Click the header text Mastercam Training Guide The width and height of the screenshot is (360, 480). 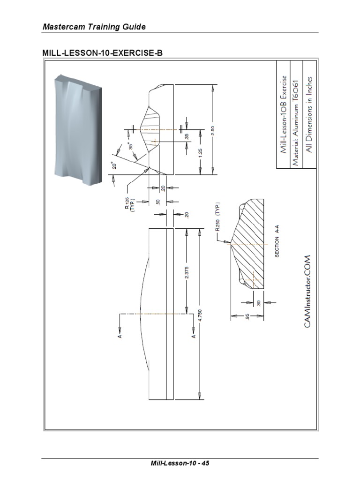(94, 27)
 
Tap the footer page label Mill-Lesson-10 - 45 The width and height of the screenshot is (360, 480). (180, 464)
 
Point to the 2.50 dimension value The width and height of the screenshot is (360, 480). (214, 130)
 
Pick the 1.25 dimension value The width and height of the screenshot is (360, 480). (200, 153)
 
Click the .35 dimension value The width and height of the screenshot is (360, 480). (187, 136)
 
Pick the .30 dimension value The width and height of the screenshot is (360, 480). (259, 303)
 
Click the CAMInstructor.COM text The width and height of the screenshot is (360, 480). (308, 292)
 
